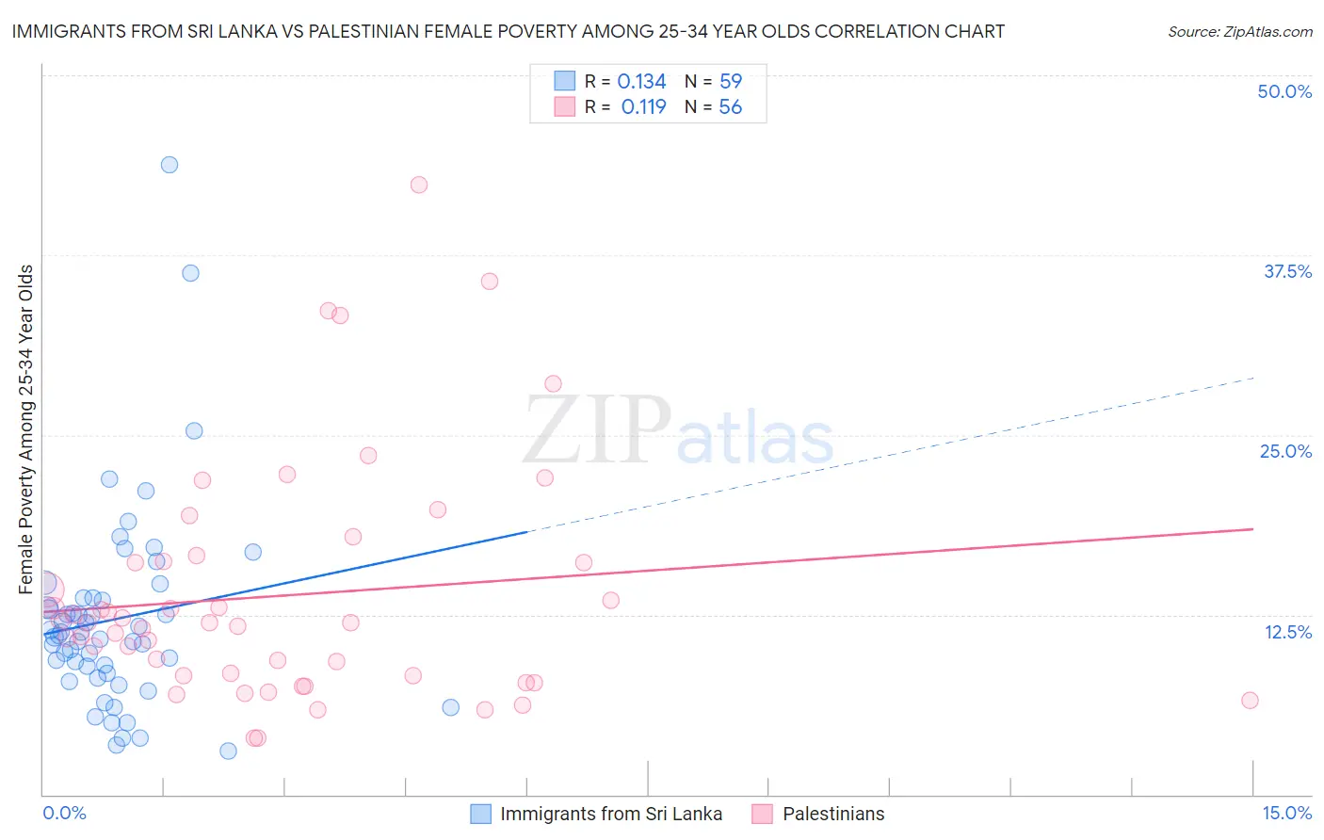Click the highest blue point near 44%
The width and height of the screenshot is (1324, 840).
point(170,165)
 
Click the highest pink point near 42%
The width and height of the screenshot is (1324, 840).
point(419,185)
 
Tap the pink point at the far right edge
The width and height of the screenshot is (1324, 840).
point(1250,700)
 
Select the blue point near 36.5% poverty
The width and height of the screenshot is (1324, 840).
point(190,273)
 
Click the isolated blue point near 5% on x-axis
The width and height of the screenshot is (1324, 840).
point(451,707)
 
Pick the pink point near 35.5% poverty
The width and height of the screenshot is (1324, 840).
point(490,281)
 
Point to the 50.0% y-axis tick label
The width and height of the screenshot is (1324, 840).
point(1284,91)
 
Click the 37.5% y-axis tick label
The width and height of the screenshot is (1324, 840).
point(1287,271)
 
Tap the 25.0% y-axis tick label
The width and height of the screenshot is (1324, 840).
point(1285,451)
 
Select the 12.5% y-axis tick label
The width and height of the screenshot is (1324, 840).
point(1287,632)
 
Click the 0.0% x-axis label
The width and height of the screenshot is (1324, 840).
point(64,813)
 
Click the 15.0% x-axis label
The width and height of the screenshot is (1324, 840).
point(1286,813)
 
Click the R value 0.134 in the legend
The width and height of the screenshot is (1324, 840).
point(641,82)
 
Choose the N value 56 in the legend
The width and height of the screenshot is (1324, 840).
point(731,107)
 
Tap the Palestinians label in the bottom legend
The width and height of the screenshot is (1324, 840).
point(833,814)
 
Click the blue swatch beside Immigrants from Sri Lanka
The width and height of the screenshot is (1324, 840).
point(480,814)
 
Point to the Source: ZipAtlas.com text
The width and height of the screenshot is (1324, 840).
point(1239,32)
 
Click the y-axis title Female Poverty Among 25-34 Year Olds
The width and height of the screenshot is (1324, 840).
point(26,429)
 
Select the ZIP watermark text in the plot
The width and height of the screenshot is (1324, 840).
point(597,429)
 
